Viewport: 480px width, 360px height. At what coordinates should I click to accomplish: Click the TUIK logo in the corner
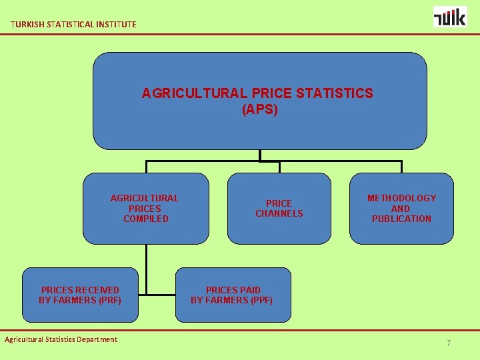pyautogui.click(x=450, y=17)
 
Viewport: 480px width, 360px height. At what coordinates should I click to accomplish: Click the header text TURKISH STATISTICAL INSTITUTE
pyautogui.click(x=73, y=25)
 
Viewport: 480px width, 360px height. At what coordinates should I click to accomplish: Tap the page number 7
pyautogui.click(x=449, y=343)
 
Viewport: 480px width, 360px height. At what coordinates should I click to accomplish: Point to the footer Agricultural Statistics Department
pyautogui.click(x=61, y=339)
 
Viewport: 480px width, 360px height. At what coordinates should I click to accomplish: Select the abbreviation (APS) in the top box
pyautogui.click(x=259, y=109)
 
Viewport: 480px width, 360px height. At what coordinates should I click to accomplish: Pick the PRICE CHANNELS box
pyautogui.click(x=279, y=209)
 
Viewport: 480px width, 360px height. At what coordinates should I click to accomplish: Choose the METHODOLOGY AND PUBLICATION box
pyautogui.click(x=401, y=209)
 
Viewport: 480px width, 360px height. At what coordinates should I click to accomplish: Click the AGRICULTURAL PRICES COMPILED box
pyautogui.click(x=145, y=209)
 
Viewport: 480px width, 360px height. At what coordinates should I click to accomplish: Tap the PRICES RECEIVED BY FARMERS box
pyautogui.click(x=80, y=295)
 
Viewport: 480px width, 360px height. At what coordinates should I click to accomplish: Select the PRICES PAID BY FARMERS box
pyautogui.click(x=233, y=295)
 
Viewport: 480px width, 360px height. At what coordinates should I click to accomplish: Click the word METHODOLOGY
pyautogui.click(x=401, y=198)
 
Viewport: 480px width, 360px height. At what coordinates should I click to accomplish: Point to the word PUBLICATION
pyautogui.click(x=401, y=219)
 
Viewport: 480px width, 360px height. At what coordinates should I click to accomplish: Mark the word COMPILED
pyautogui.click(x=145, y=219)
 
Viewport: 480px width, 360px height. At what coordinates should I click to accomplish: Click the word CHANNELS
pyautogui.click(x=279, y=213)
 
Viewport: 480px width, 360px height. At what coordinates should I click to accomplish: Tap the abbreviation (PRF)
pyautogui.click(x=109, y=300)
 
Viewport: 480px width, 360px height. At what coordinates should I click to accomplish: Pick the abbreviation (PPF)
pyautogui.click(x=260, y=300)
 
